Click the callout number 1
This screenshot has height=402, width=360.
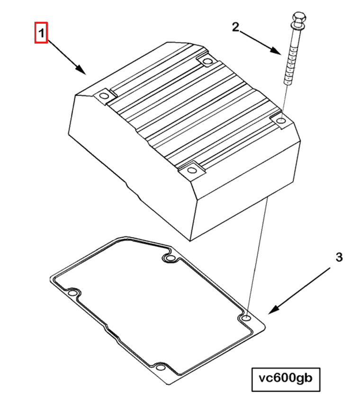click(x=41, y=33)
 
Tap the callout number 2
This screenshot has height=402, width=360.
click(x=235, y=27)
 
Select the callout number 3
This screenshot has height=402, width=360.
click(x=339, y=257)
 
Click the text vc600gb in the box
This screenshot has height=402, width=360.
click(x=286, y=378)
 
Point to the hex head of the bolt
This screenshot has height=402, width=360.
click(x=299, y=18)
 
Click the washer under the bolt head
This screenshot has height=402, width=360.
click(x=297, y=26)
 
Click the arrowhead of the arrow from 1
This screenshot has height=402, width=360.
click(x=81, y=69)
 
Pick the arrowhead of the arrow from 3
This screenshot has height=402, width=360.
click(x=274, y=310)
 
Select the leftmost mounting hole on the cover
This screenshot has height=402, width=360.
click(x=104, y=97)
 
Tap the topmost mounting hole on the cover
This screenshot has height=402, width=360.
click(x=207, y=61)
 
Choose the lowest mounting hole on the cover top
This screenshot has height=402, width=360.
click(x=191, y=170)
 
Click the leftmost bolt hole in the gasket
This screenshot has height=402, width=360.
click(x=72, y=293)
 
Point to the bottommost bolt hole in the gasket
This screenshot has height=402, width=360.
click(x=161, y=368)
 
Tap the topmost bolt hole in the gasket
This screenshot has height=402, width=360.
click(x=169, y=258)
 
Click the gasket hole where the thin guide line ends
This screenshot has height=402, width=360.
click(x=246, y=318)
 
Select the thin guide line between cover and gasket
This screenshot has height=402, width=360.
click(x=257, y=256)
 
